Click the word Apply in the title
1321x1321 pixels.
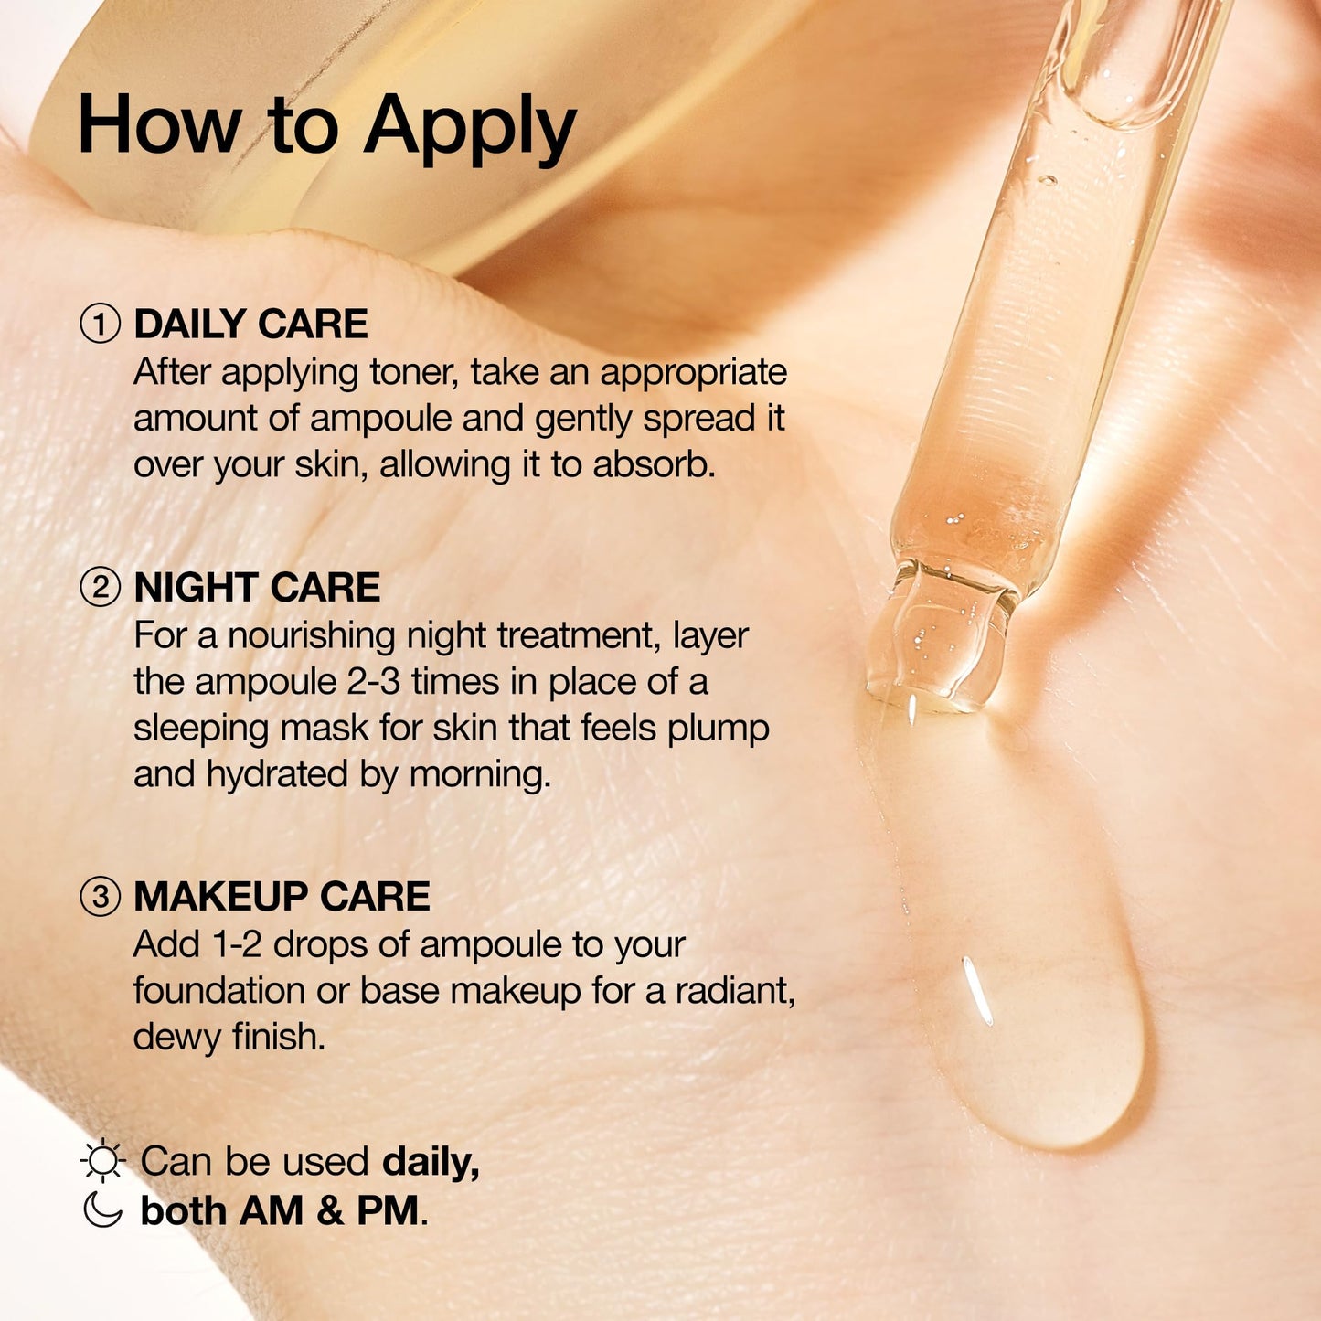[x=470, y=130]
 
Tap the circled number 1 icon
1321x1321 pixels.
[x=100, y=325]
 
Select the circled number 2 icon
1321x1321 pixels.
[x=100, y=588]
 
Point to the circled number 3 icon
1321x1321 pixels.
[x=100, y=897]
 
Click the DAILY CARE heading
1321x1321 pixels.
[x=250, y=324]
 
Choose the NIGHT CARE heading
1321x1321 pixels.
[x=257, y=588]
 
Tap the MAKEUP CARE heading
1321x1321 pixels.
[x=282, y=896]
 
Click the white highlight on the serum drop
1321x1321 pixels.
[x=977, y=991]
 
